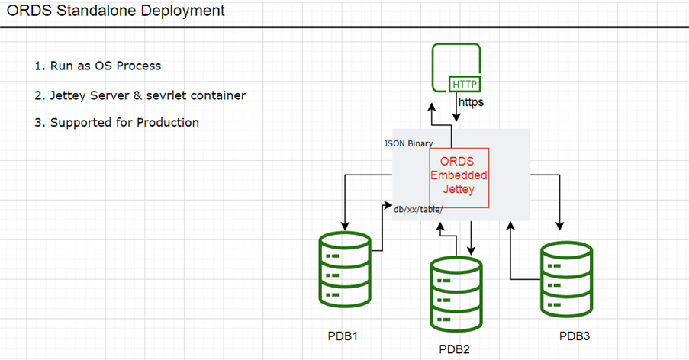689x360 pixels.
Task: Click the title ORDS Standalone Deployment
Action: [x=116, y=11]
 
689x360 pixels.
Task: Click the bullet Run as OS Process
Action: [x=98, y=66]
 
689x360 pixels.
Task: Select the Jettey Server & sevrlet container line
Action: [x=140, y=95]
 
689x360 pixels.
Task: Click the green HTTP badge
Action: [x=465, y=84]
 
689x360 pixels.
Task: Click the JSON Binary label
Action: [x=408, y=143]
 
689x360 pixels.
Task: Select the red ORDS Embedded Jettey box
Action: [x=459, y=182]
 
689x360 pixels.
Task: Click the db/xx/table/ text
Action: [x=418, y=208]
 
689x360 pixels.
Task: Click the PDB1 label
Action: [x=342, y=336]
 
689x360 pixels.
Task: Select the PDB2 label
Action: [x=456, y=349]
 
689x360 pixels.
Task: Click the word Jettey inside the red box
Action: [x=459, y=189]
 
